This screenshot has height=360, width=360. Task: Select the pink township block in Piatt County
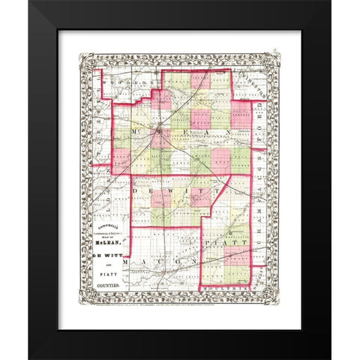tap(235, 259)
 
